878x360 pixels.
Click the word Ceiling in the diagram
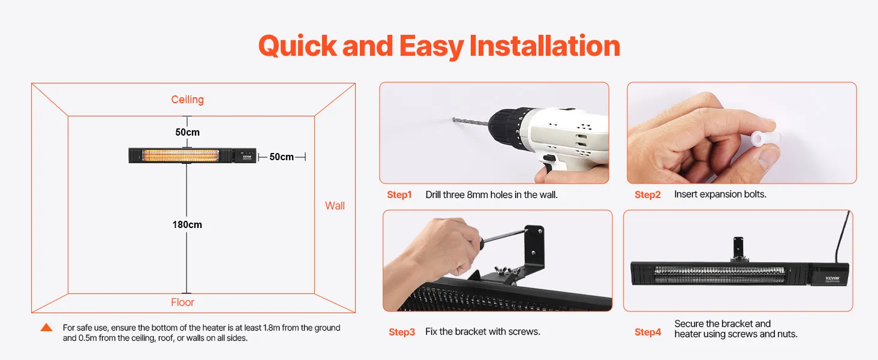(187, 100)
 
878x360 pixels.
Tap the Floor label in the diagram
(183, 302)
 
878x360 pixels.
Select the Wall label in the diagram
(335, 206)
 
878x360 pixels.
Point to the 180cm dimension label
(187, 225)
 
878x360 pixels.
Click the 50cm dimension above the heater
(187, 132)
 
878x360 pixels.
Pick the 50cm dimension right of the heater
(281, 157)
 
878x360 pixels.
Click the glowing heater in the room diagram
(193, 155)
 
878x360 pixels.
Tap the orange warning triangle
(46, 328)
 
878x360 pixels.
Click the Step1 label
(399, 195)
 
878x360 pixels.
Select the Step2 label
(648, 195)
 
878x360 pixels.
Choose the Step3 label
(402, 332)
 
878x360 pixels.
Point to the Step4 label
(648, 332)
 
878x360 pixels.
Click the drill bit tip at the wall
(454, 119)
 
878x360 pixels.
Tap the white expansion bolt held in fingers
(763, 139)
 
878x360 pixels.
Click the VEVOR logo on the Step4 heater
(832, 279)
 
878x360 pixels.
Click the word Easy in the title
(431, 47)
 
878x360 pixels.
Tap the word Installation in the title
(545, 46)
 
